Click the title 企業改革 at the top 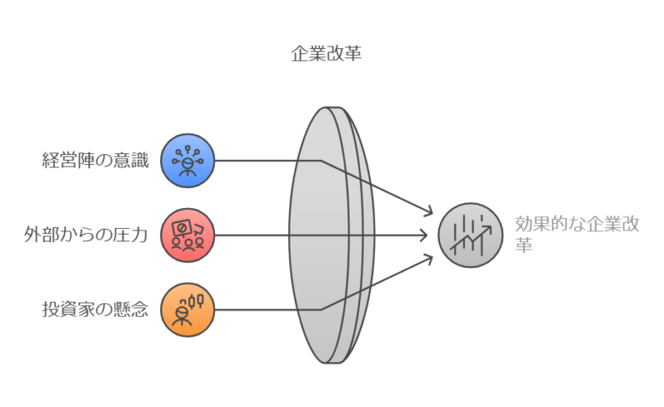pyautogui.click(x=326, y=54)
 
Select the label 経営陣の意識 pyautogui.click(x=95, y=160)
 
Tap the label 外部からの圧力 pyautogui.click(x=85, y=235)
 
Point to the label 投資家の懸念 pyautogui.click(x=95, y=309)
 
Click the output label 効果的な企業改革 pyautogui.click(x=577, y=234)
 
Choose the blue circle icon pyautogui.click(x=188, y=161)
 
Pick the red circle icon pyautogui.click(x=188, y=235)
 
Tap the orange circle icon pyautogui.click(x=188, y=310)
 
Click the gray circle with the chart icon pyautogui.click(x=471, y=235)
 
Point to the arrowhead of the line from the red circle pyautogui.click(x=423, y=235)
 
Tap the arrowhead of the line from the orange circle pyautogui.click(x=429, y=259)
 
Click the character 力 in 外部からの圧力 pyautogui.click(x=139, y=235)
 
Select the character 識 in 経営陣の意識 pyautogui.click(x=140, y=160)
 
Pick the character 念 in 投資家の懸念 pyautogui.click(x=140, y=309)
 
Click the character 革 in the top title pyautogui.click(x=354, y=54)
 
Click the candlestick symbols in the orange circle pyautogui.click(x=195, y=302)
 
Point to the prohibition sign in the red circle pyautogui.click(x=181, y=228)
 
